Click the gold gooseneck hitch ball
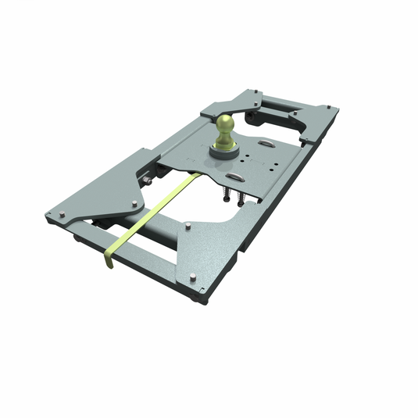[226, 124]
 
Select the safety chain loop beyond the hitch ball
[265, 143]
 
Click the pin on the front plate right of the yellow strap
[190, 227]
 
